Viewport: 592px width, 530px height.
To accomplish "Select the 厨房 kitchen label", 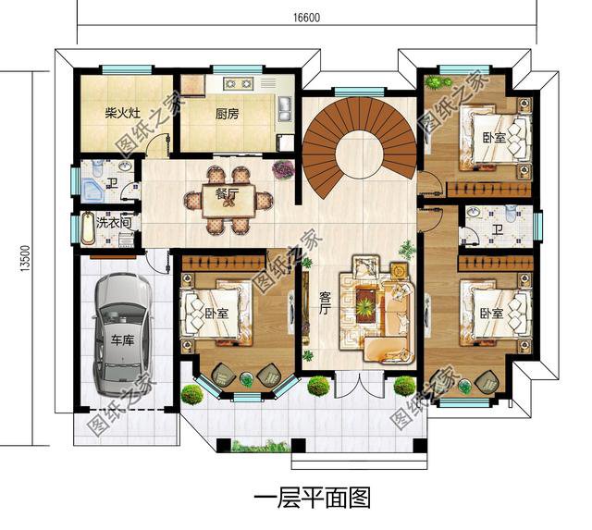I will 228,115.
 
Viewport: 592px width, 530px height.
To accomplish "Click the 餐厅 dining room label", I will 228,193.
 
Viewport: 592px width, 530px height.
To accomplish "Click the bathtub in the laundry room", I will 89,228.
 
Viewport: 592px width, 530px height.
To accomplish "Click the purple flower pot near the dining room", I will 283,169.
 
